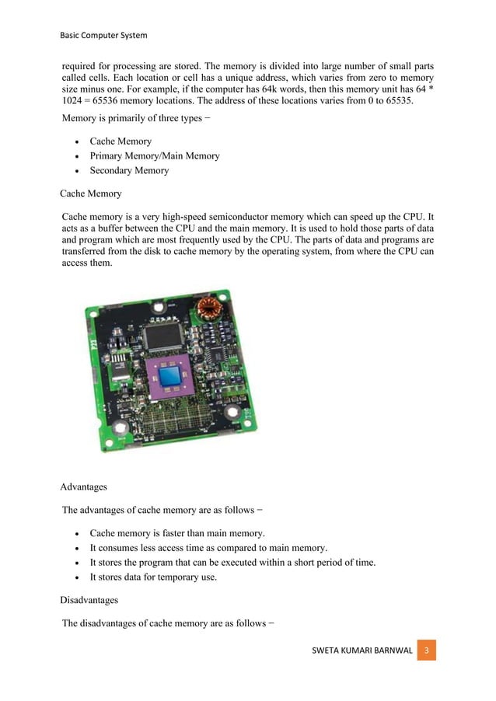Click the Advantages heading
[83, 487]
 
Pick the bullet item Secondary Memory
[129, 170]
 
